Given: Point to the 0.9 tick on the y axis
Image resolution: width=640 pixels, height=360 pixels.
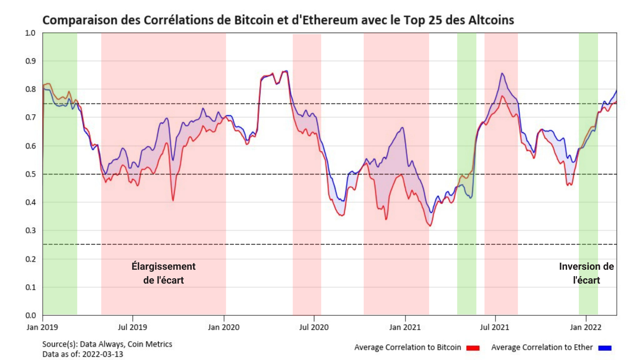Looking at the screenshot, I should [x=31, y=61].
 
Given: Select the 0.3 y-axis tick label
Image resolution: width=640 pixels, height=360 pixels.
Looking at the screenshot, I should [x=31, y=231].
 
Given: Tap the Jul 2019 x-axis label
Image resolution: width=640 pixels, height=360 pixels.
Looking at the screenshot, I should [x=132, y=327].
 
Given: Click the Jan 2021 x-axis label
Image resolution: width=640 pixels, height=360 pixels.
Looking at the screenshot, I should [x=405, y=327].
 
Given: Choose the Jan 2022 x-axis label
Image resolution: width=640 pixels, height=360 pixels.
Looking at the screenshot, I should [x=586, y=327].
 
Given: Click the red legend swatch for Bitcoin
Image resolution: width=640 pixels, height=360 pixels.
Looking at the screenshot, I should [x=473, y=348].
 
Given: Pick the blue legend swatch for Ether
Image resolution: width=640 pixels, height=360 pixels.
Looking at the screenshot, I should [x=605, y=348].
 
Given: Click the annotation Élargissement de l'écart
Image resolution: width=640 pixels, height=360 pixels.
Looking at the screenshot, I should [x=164, y=273].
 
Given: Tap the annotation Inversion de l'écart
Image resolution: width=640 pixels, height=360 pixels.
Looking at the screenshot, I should [x=586, y=273].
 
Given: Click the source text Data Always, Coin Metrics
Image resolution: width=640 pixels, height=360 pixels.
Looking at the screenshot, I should [x=126, y=344].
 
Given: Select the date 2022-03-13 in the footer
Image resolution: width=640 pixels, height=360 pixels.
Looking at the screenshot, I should [x=103, y=354].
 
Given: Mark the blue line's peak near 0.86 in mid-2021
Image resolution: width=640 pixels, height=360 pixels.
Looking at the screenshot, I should [x=502, y=74].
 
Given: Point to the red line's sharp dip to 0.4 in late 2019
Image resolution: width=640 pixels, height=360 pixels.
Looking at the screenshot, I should [x=173, y=200].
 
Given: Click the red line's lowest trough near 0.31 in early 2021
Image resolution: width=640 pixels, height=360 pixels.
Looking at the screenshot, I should [x=430, y=226].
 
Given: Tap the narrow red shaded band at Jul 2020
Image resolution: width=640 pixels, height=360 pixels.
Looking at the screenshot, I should [x=307, y=249].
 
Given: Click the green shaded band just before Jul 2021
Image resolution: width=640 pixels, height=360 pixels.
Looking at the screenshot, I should [x=466, y=249].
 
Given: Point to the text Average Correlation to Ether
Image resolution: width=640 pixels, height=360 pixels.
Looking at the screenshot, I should [x=542, y=348].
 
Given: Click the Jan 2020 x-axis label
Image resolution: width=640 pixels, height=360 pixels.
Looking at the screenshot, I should [x=224, y=327].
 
